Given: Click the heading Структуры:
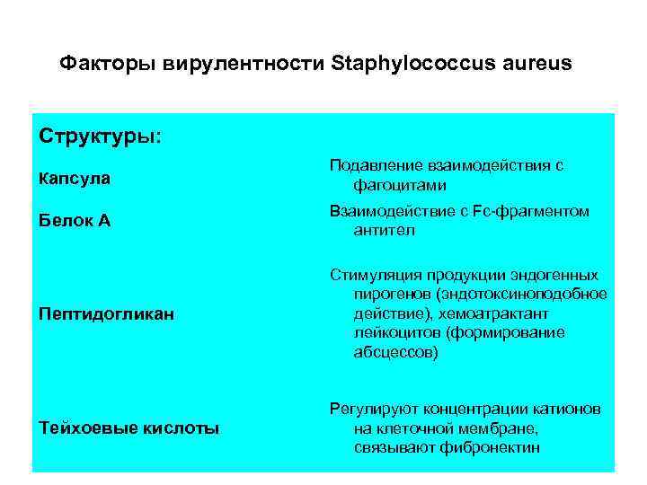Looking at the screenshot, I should [x=101, y=137].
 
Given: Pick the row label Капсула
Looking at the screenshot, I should [x=75, y=178].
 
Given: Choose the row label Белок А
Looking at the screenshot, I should [x=75, y=220].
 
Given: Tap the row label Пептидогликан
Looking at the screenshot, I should [x=107, y=314].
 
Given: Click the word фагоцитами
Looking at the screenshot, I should [x=400, y=185].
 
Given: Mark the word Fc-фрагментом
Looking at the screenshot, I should [x=536, y=212].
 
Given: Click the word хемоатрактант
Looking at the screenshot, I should [x=498, y=313].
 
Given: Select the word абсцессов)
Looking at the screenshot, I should [x=396, y=352].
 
